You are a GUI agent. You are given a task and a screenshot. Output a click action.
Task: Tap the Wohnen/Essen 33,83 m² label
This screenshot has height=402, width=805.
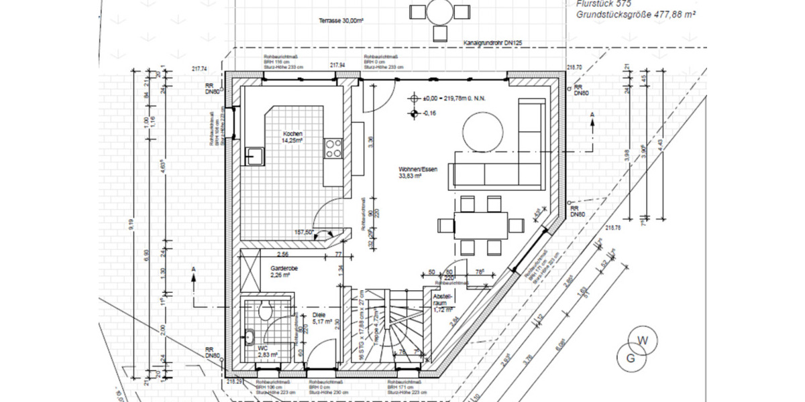coord(418,173)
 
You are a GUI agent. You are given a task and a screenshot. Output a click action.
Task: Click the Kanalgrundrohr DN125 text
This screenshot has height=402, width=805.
coord(492,44)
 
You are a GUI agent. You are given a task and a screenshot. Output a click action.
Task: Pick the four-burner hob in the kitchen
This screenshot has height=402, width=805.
coord(333,148)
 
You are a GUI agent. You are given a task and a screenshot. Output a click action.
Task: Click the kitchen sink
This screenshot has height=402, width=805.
coord(255,157)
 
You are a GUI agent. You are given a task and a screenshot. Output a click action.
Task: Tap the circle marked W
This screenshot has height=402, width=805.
coord(643,342)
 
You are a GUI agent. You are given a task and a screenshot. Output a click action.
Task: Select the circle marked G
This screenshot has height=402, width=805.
coord(630,358)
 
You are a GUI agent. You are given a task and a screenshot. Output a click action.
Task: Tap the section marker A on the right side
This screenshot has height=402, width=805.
coord(592,116)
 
